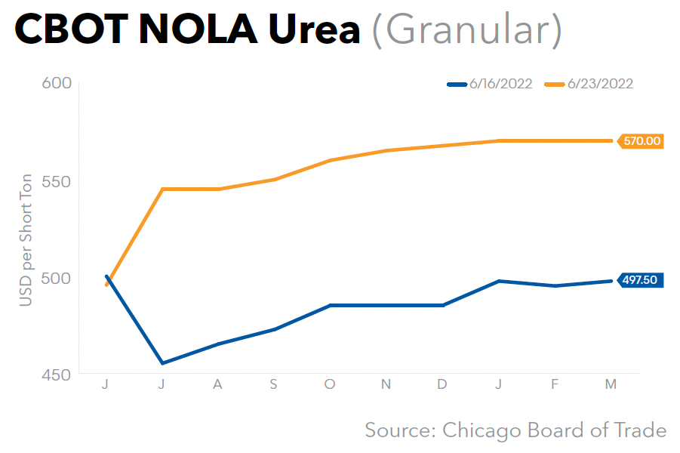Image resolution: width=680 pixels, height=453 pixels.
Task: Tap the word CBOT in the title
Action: [x=65, y=30]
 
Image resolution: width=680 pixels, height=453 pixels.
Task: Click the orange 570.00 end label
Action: [x=642, y=140]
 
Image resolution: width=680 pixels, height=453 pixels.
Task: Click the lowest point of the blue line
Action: [x=162, y=363]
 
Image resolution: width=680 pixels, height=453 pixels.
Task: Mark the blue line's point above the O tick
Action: [x=330, y=305]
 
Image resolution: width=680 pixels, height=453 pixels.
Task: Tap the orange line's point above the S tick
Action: [x=274, y=180]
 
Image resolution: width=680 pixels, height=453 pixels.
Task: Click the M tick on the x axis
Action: [x=611, y=385]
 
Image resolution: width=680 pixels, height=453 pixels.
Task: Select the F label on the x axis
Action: [x=555, y=385]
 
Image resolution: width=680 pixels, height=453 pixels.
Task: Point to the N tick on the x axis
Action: [x=386, y=385]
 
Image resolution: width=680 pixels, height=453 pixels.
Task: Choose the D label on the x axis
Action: [x=442, y=385]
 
